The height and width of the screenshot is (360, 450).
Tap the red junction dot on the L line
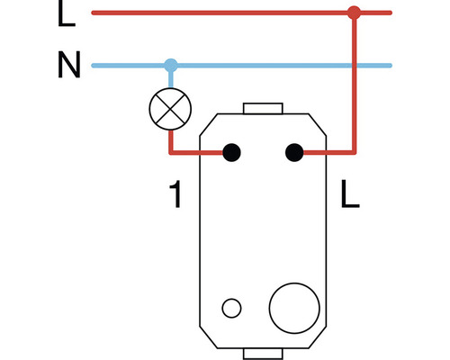[x=355, y=13]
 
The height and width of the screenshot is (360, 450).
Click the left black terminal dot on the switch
[x=231, y=153]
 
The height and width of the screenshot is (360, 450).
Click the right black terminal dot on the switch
[x=292, y=153]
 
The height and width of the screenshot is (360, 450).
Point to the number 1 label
[x=176, y=193]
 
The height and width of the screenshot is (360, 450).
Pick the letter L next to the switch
[x=350, y=193]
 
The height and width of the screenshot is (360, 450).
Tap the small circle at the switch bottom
[x=231, y=309]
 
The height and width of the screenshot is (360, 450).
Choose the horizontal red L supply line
[x=225, y=13]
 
